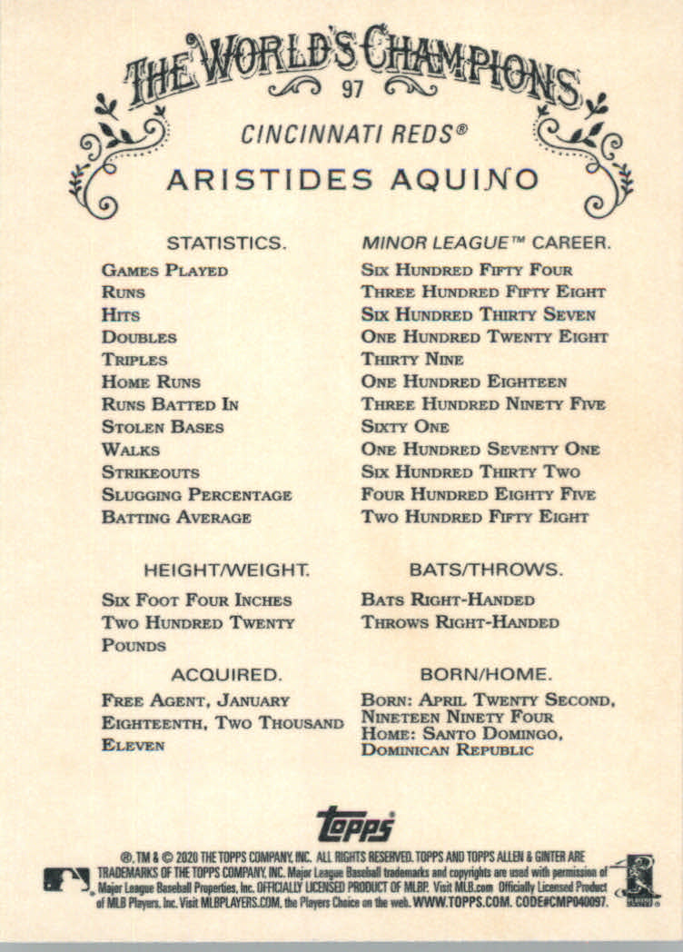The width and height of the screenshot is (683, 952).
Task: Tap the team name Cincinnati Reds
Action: [354, 134]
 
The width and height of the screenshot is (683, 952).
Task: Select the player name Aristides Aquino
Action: [352, 178]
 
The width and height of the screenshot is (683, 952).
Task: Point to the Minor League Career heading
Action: [486, 243]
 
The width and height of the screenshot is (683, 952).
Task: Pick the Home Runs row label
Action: [151, 382]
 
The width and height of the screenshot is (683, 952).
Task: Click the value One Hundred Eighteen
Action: [463, 382]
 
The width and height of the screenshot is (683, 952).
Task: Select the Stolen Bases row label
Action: [163, 427]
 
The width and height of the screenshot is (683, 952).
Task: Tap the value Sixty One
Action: [405, 427]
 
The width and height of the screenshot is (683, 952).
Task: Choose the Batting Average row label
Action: [176, 517]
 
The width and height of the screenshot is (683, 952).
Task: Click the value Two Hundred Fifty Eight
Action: [474, 517]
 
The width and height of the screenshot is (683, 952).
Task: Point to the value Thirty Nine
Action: [411, 360]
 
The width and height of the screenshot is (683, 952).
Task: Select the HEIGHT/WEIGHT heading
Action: [227, 570]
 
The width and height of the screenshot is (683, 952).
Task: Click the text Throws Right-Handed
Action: [460, 623]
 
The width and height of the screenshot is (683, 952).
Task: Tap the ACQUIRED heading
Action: [226, 675]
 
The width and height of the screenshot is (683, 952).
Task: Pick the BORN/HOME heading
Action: [485, 675]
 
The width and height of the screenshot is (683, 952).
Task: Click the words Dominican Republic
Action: [447, 750]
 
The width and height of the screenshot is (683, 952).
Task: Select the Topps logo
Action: [355, 824]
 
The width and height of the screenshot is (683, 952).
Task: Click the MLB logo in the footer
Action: [66, 878]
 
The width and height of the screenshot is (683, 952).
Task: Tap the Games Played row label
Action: [164, 271]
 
